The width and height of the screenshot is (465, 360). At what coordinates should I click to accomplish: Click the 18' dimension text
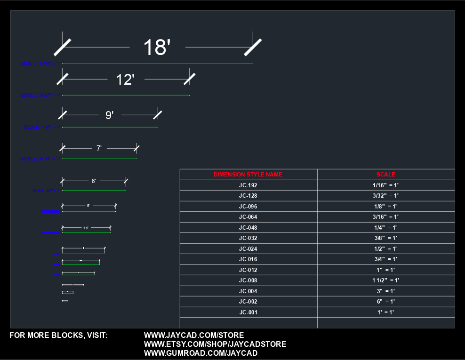[x=157, y=48]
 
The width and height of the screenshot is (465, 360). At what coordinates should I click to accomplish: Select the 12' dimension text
[x=125, y=80]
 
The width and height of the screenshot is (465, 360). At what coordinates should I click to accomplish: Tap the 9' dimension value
[x=110, y=115]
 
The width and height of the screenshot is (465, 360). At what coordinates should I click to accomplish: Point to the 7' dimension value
[x=99, y=148]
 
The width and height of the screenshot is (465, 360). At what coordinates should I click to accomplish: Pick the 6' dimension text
[x=94, y=181]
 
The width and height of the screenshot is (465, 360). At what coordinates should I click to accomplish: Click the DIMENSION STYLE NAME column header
[x=248, y=175]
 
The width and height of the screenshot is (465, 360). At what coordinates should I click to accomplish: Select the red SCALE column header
[x=385, y=175]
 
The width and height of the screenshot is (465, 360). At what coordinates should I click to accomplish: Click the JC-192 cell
[x=248, y=185]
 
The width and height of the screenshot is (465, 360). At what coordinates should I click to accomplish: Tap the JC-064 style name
[x=248, y=217]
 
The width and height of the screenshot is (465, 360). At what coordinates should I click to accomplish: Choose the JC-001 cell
[x=248, y=312]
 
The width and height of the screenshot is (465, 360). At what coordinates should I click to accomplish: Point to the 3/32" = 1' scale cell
[x=385, y=196]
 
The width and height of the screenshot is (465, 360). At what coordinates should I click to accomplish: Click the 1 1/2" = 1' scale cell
[x=385, y=280]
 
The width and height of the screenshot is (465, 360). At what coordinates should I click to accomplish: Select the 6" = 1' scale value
[x=385, y=302]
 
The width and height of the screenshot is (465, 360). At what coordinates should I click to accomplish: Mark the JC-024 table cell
[x=248, y=249]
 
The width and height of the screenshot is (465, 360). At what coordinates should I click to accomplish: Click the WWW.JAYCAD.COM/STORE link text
[x=193, y=336]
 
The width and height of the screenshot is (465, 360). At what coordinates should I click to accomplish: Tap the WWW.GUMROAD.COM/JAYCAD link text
[x=200, y=353]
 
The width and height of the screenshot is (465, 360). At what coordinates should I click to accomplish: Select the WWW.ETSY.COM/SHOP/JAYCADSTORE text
[x=215, y=344]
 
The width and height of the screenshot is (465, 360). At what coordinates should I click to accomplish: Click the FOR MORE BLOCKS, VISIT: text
[x=59, y=336]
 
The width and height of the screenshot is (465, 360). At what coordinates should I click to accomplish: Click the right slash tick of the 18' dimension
[x=253, y=47]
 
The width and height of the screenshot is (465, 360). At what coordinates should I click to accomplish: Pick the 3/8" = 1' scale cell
[x=385, y=238]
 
